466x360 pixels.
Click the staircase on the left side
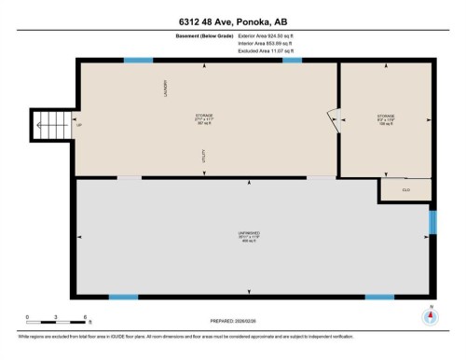pyautogui.click(x=48, y=124)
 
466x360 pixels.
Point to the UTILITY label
pyautogui.click(x=203, y=161)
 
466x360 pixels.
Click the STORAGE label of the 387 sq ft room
pyautogui.click(x=203, y=116)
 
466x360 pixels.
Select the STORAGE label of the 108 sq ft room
pyautogui.click(x=386, y=117)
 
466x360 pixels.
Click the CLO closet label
pyautogui.click(x=405, y=189)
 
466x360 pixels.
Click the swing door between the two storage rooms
pyautogui.click(x=333, y=118)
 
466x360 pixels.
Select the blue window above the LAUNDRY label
pyautogui.click(x=138, y=62)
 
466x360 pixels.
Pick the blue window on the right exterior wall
pyautogui.click(x=432, y=223)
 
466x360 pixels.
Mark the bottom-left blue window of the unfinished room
pyautogui.click(x=123, y=297)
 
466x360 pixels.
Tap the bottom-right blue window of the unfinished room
pyautogui.click(x=377, y=297)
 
